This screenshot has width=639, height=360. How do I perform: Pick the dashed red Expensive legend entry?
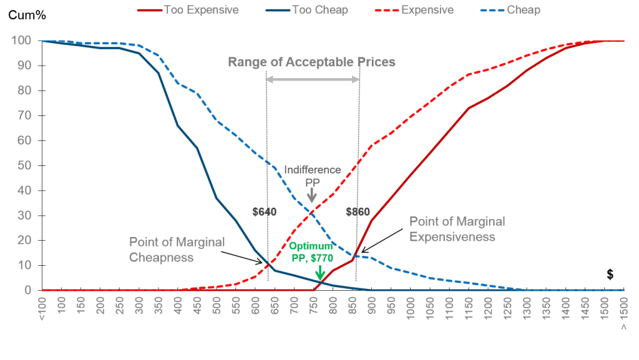(x=427, y=10)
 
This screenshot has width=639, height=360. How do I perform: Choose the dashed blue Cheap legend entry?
(x=525, y=10)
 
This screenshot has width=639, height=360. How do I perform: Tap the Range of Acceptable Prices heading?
(x=311, y=62)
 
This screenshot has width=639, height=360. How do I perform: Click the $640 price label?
(x=265, y=212)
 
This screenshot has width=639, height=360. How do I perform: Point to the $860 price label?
(x=358, y=212)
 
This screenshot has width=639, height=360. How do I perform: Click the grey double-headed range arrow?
(x=313, y=79)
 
